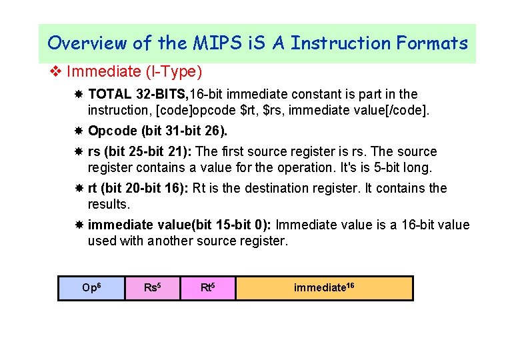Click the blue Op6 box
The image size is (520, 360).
pos(91,288)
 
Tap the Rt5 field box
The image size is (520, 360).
pos(208,288)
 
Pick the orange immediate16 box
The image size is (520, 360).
pos(324,288)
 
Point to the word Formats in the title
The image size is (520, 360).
pos(432,43)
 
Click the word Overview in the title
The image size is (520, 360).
pos(87,43)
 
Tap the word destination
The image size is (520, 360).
pos(280,189)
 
